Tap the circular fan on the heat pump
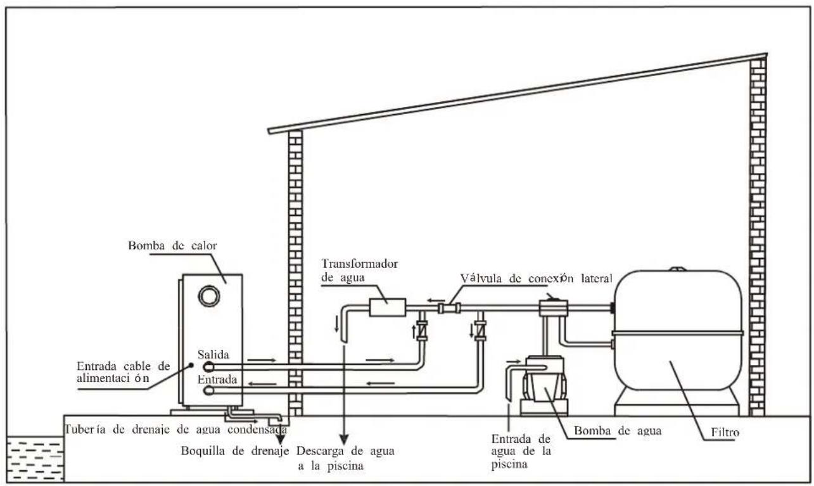(x=209, y=295)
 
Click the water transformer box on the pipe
(x=386, y=307)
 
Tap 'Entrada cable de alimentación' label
(x=115, y=373)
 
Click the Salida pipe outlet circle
(x=208, y=366)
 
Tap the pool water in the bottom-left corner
(x=34, y=457)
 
